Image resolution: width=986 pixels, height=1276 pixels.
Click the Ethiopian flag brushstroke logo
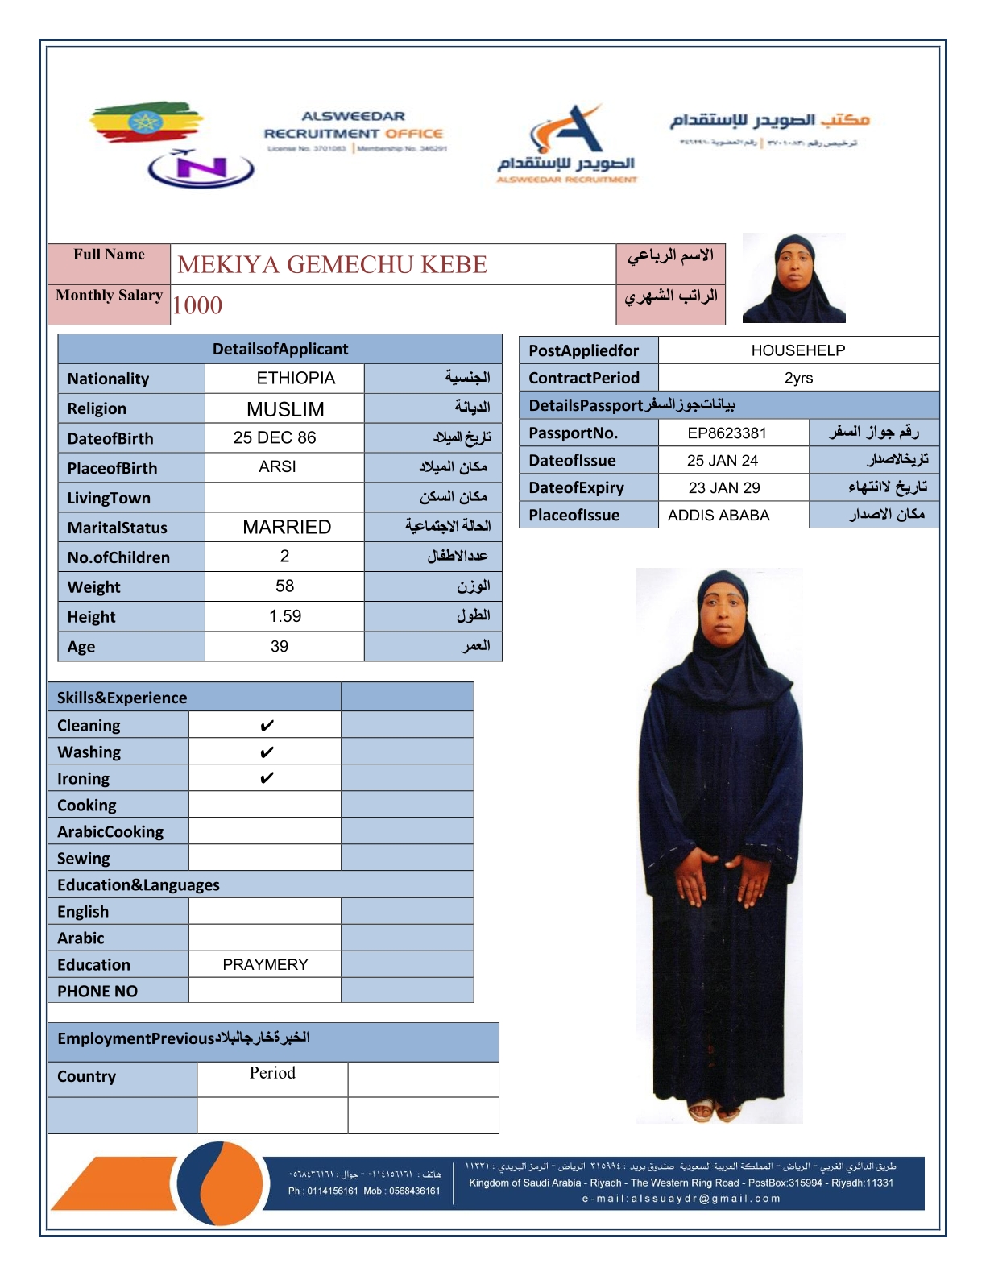click(x=145, y=122)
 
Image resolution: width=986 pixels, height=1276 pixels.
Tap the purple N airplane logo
click(x=201, y=168)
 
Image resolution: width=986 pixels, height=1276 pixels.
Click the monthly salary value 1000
click(x=197, y=305)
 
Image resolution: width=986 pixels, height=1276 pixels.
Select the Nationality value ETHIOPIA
click(x=296, y=378)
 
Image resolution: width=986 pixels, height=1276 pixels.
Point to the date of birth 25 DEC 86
click(x=275, y=437)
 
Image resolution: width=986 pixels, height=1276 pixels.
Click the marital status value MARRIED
click(x=287, y=527)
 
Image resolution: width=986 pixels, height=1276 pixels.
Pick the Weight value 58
click(x=284, y=586)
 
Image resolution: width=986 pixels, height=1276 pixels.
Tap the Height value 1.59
click(x=284, y=616)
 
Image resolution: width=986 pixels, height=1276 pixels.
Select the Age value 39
click(x=280, y=646)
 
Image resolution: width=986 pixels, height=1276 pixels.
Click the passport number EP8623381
click(x=727, y=433)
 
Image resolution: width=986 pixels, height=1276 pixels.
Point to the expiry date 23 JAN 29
click(x=724, y=487)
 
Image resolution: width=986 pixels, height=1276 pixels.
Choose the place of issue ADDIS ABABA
click(x=719, y=515)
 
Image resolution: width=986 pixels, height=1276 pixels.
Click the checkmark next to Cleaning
click(x=267, y=726)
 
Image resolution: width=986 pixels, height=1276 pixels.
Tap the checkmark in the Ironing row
click(x=267, y=778)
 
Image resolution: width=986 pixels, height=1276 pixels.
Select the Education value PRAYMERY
click(x=265, y=964)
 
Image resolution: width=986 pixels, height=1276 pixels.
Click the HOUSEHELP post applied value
click(x=797, y=350)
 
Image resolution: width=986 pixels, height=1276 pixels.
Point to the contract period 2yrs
click(x=798, y=378)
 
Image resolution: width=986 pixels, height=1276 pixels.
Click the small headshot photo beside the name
click(x=793, y=278)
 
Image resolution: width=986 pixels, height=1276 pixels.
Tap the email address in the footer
click(x=681, y=1199)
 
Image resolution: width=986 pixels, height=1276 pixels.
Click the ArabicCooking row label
click(x=110, y=831)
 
